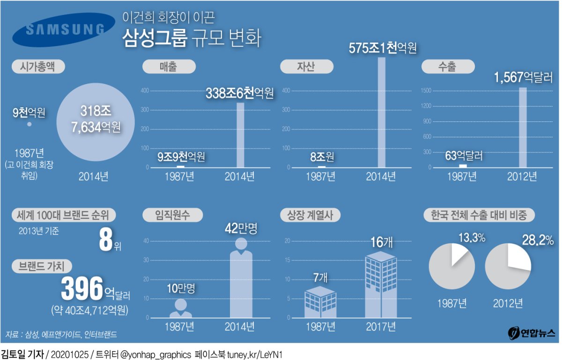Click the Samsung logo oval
pos(64,30)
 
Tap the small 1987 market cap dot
pos(29,124)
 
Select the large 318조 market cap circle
pos(92,121)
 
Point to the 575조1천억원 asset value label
pos(383,48)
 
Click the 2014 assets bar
pos(382,112)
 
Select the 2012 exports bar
pos(523,127)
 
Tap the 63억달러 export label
pos(464,155)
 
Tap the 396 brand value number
pos(81,289)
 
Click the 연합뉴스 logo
pos(531,333)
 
